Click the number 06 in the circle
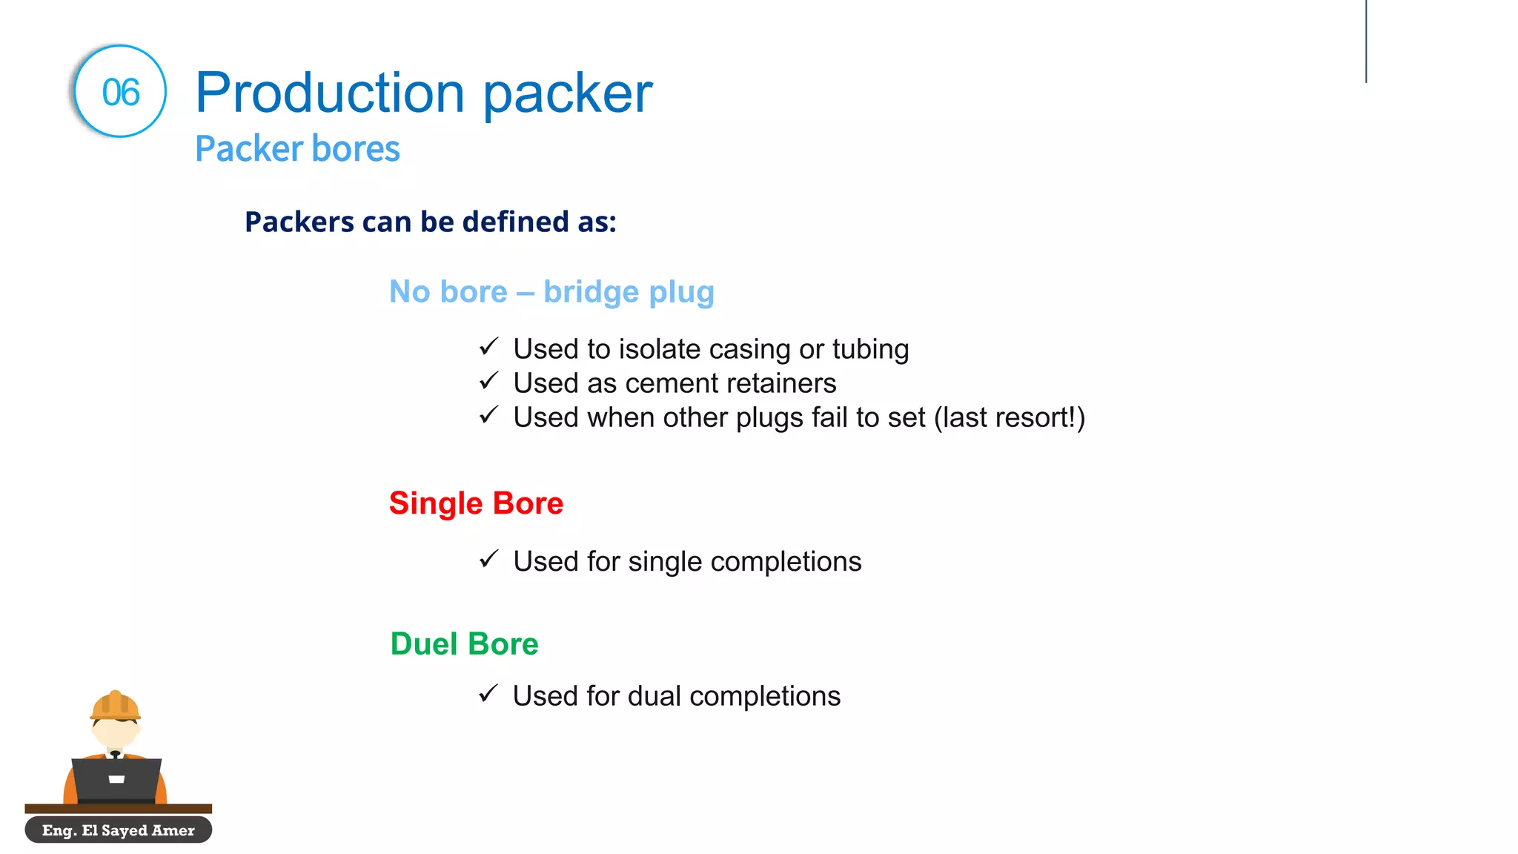click(x=120, y=93)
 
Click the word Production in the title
click(x=330, y=93)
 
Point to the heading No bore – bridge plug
click(x=551, y=291)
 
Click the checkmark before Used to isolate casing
click(x=488, y=347)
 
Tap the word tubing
click(x=870, y=349)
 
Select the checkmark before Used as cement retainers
click(x=488, y=381)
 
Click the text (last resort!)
click(x=1010, y=417)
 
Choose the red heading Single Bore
click(x=476, y=503)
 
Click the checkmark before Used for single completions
click(x=488, y=559)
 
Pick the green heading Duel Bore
click(x=464, y=643)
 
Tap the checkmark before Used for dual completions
click(x=488, y=694)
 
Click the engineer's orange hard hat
click(x=115, y=705)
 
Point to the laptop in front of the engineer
click(x=116, y=779)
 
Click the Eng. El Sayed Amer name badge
click(x=119, y=830)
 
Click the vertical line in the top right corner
click(x=1365, y=41)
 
